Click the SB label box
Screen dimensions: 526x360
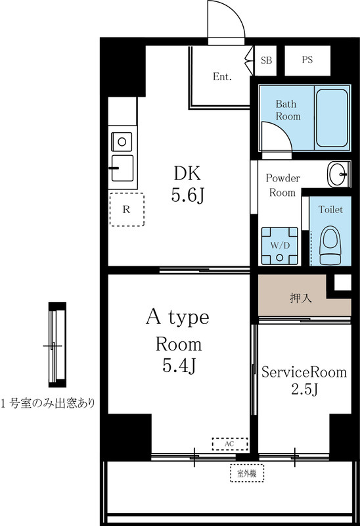click(x=266, y=60)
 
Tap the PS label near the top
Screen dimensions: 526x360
click(x=307, y=60)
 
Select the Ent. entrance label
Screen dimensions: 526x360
click(x=222, y=77)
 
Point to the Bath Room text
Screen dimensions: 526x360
click(x=287, y=110)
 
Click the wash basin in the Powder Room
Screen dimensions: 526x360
click(x=340, y=175)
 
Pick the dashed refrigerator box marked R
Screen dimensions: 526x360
click(x=126, y=209)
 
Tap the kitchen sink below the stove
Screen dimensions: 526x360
click(x=122, y=168)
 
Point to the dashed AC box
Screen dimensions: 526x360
click(x=229, y=444)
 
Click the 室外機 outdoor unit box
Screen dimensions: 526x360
click(x=246, y=472)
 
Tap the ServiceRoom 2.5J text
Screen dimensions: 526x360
click(x=304, y=381)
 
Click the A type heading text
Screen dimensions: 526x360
click(x=177, y=318)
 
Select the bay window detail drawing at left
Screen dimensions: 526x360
click(x=58, y=345)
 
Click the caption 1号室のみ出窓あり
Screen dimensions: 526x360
click(x=47, y=403)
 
